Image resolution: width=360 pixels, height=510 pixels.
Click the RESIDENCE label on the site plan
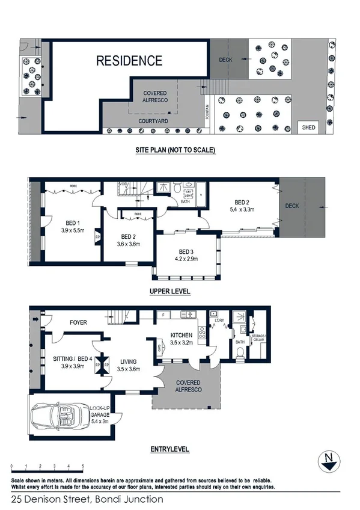point(130,61)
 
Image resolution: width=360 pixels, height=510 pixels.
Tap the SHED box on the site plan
point(308,127)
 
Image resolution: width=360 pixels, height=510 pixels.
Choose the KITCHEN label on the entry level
point(181,335)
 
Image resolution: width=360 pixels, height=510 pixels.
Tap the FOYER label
point(78,323)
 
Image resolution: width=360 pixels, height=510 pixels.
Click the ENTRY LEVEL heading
point(170,449)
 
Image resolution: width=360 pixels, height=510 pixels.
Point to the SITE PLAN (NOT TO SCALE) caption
point(175,150)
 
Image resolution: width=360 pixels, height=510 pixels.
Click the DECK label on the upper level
point(292,206)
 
